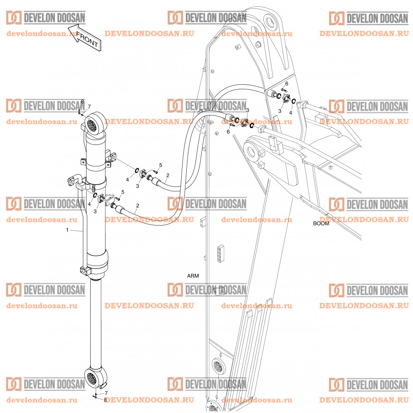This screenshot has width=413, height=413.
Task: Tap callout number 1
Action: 67,230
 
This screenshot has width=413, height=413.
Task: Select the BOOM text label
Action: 321,223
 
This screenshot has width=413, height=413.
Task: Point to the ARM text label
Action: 193,276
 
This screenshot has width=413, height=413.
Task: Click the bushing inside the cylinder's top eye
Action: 93,123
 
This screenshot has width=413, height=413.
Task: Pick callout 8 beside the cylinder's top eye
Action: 83,102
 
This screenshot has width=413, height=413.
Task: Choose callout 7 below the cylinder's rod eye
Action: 106,393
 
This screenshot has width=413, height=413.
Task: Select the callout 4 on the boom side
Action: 290,113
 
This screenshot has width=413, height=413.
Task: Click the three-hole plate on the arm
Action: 220,252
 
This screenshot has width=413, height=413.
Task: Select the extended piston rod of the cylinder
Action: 96,320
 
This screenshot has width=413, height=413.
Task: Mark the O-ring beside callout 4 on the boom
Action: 294,102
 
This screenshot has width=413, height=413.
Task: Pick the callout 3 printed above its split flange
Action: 247,110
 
